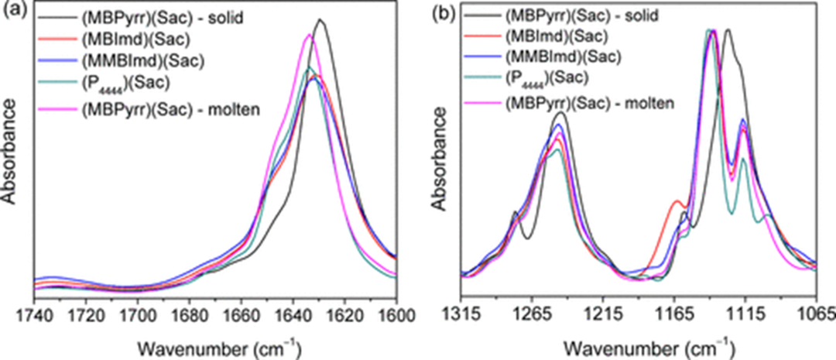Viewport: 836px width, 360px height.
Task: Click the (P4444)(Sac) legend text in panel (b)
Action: (x=546, y=77)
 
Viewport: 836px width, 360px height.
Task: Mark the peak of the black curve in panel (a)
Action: (x=320, y=21)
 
